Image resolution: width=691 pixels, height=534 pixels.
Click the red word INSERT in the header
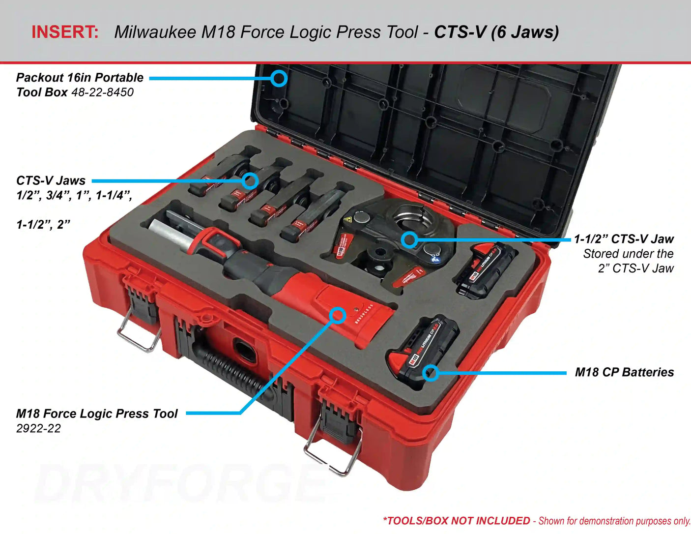[65, 32]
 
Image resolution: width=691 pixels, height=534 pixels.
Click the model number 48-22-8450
[102, 92]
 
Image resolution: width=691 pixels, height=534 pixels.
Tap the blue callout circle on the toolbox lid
[279, 78]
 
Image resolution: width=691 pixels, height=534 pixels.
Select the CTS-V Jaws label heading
[51, 180]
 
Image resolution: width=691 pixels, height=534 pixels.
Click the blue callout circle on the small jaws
[250, 181]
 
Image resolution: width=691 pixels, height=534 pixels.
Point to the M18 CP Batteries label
[624, 372]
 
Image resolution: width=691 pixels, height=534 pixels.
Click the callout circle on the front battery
[431, 373]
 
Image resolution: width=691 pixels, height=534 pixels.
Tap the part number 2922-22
[38, 428]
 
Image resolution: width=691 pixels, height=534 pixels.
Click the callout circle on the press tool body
[337, 315]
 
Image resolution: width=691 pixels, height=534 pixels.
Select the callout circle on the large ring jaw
[409, 240]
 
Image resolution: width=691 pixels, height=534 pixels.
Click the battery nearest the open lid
[486, 270]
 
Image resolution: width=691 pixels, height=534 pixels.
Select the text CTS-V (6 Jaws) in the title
[496, 32]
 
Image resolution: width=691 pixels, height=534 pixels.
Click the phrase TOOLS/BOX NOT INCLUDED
[458, 521]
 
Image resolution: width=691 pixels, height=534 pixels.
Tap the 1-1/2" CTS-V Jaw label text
[624, 239]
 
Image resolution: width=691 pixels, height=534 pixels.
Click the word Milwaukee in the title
[155, 32]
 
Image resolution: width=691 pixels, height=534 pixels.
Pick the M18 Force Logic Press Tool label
[97, 414]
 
